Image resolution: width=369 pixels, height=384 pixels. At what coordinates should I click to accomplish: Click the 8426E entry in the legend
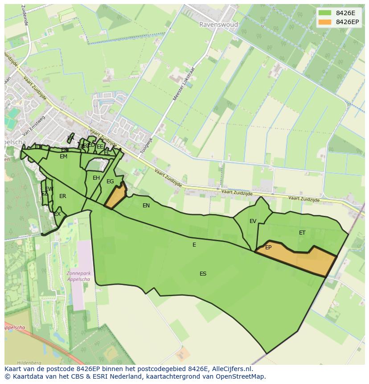coord(339,13)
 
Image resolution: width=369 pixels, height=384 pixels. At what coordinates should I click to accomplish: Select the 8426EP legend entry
coord(340,22)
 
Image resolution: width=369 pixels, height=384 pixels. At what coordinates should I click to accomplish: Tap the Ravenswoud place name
coord(218,25)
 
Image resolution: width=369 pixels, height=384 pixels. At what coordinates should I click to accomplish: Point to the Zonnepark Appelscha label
coord(78,276)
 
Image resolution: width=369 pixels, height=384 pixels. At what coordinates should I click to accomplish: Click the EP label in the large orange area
coord(268,248)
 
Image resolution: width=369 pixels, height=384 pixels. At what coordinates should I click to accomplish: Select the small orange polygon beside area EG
coord(115,197)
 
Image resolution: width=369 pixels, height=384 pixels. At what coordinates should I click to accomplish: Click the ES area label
coord(203,274)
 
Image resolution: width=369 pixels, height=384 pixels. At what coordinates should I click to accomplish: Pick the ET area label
coord(302,233)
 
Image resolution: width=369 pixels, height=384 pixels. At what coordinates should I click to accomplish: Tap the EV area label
coord(253,221)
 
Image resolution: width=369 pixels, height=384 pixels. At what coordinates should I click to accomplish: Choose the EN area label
coord(146,206)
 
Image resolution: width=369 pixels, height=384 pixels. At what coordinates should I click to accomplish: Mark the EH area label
coord(96,178)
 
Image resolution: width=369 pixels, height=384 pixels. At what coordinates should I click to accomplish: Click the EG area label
coord(110,182)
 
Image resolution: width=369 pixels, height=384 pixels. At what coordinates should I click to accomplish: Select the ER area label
coord(63,196)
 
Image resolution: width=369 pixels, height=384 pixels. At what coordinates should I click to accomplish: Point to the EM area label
coord(63,157)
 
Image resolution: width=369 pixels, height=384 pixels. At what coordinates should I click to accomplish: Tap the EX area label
coord(57,215)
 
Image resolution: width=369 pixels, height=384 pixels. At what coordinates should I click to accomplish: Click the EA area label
coord(70,138)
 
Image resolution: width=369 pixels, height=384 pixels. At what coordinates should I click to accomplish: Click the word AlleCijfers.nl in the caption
coord(232,369)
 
